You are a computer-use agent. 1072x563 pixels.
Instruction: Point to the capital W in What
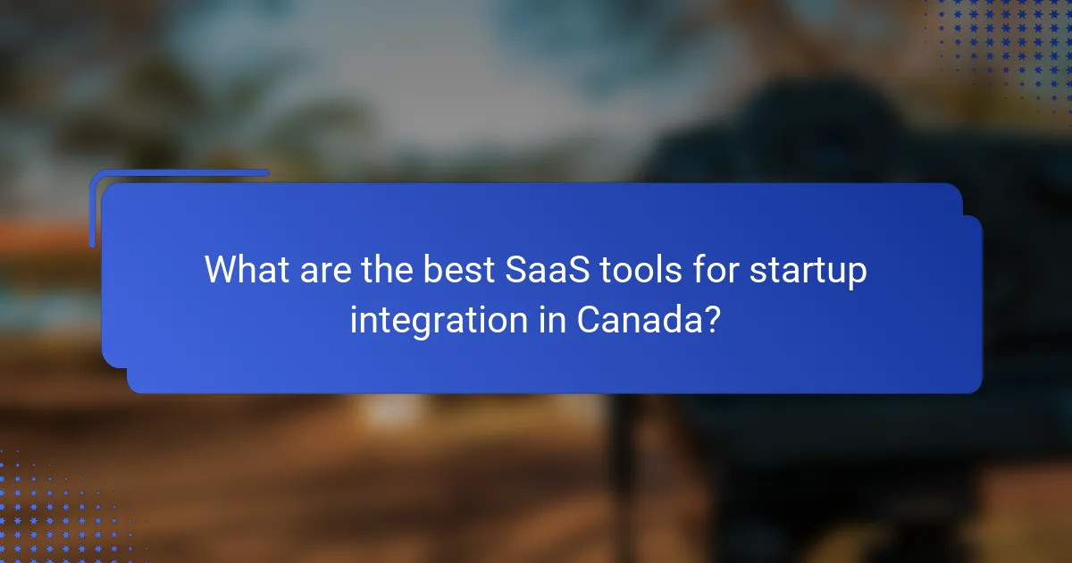point(222,270)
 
